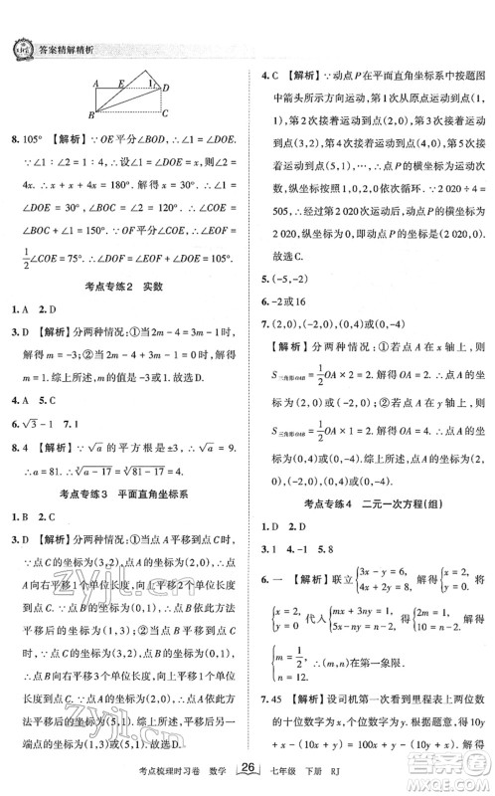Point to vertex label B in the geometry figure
tap(90, 116)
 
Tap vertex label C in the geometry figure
tap(165, 113)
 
